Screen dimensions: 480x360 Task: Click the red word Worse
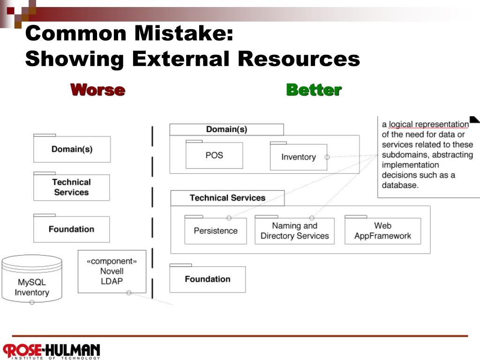(x=97, y=90)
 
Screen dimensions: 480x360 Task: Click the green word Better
(x=314, y=90)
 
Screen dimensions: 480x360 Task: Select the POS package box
(x=214, y=155)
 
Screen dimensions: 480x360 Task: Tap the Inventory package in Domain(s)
(x=298, y=157)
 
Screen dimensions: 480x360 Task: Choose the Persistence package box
(x=216, y=231)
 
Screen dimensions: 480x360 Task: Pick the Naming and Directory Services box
(x=294, y=231)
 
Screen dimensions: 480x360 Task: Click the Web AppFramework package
(x=382, y=231)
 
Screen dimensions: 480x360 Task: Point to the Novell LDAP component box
(x=112, y=271)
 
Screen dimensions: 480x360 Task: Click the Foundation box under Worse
(x=71, y=229)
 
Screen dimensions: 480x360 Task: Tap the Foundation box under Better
(x=207, y=279)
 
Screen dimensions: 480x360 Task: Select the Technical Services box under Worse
(x=71, y=187)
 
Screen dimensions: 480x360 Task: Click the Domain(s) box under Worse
(x=72, y=150)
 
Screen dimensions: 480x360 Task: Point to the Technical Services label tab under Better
(x=227, y=198)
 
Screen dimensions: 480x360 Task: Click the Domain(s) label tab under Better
(x=226, y=129)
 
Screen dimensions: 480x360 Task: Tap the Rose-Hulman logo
(x=52, y=351)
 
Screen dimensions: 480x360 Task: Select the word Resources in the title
(x=299, y=59)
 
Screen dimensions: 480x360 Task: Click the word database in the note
(x=399, y=185)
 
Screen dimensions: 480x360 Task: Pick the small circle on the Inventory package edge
(x=327, y=157)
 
